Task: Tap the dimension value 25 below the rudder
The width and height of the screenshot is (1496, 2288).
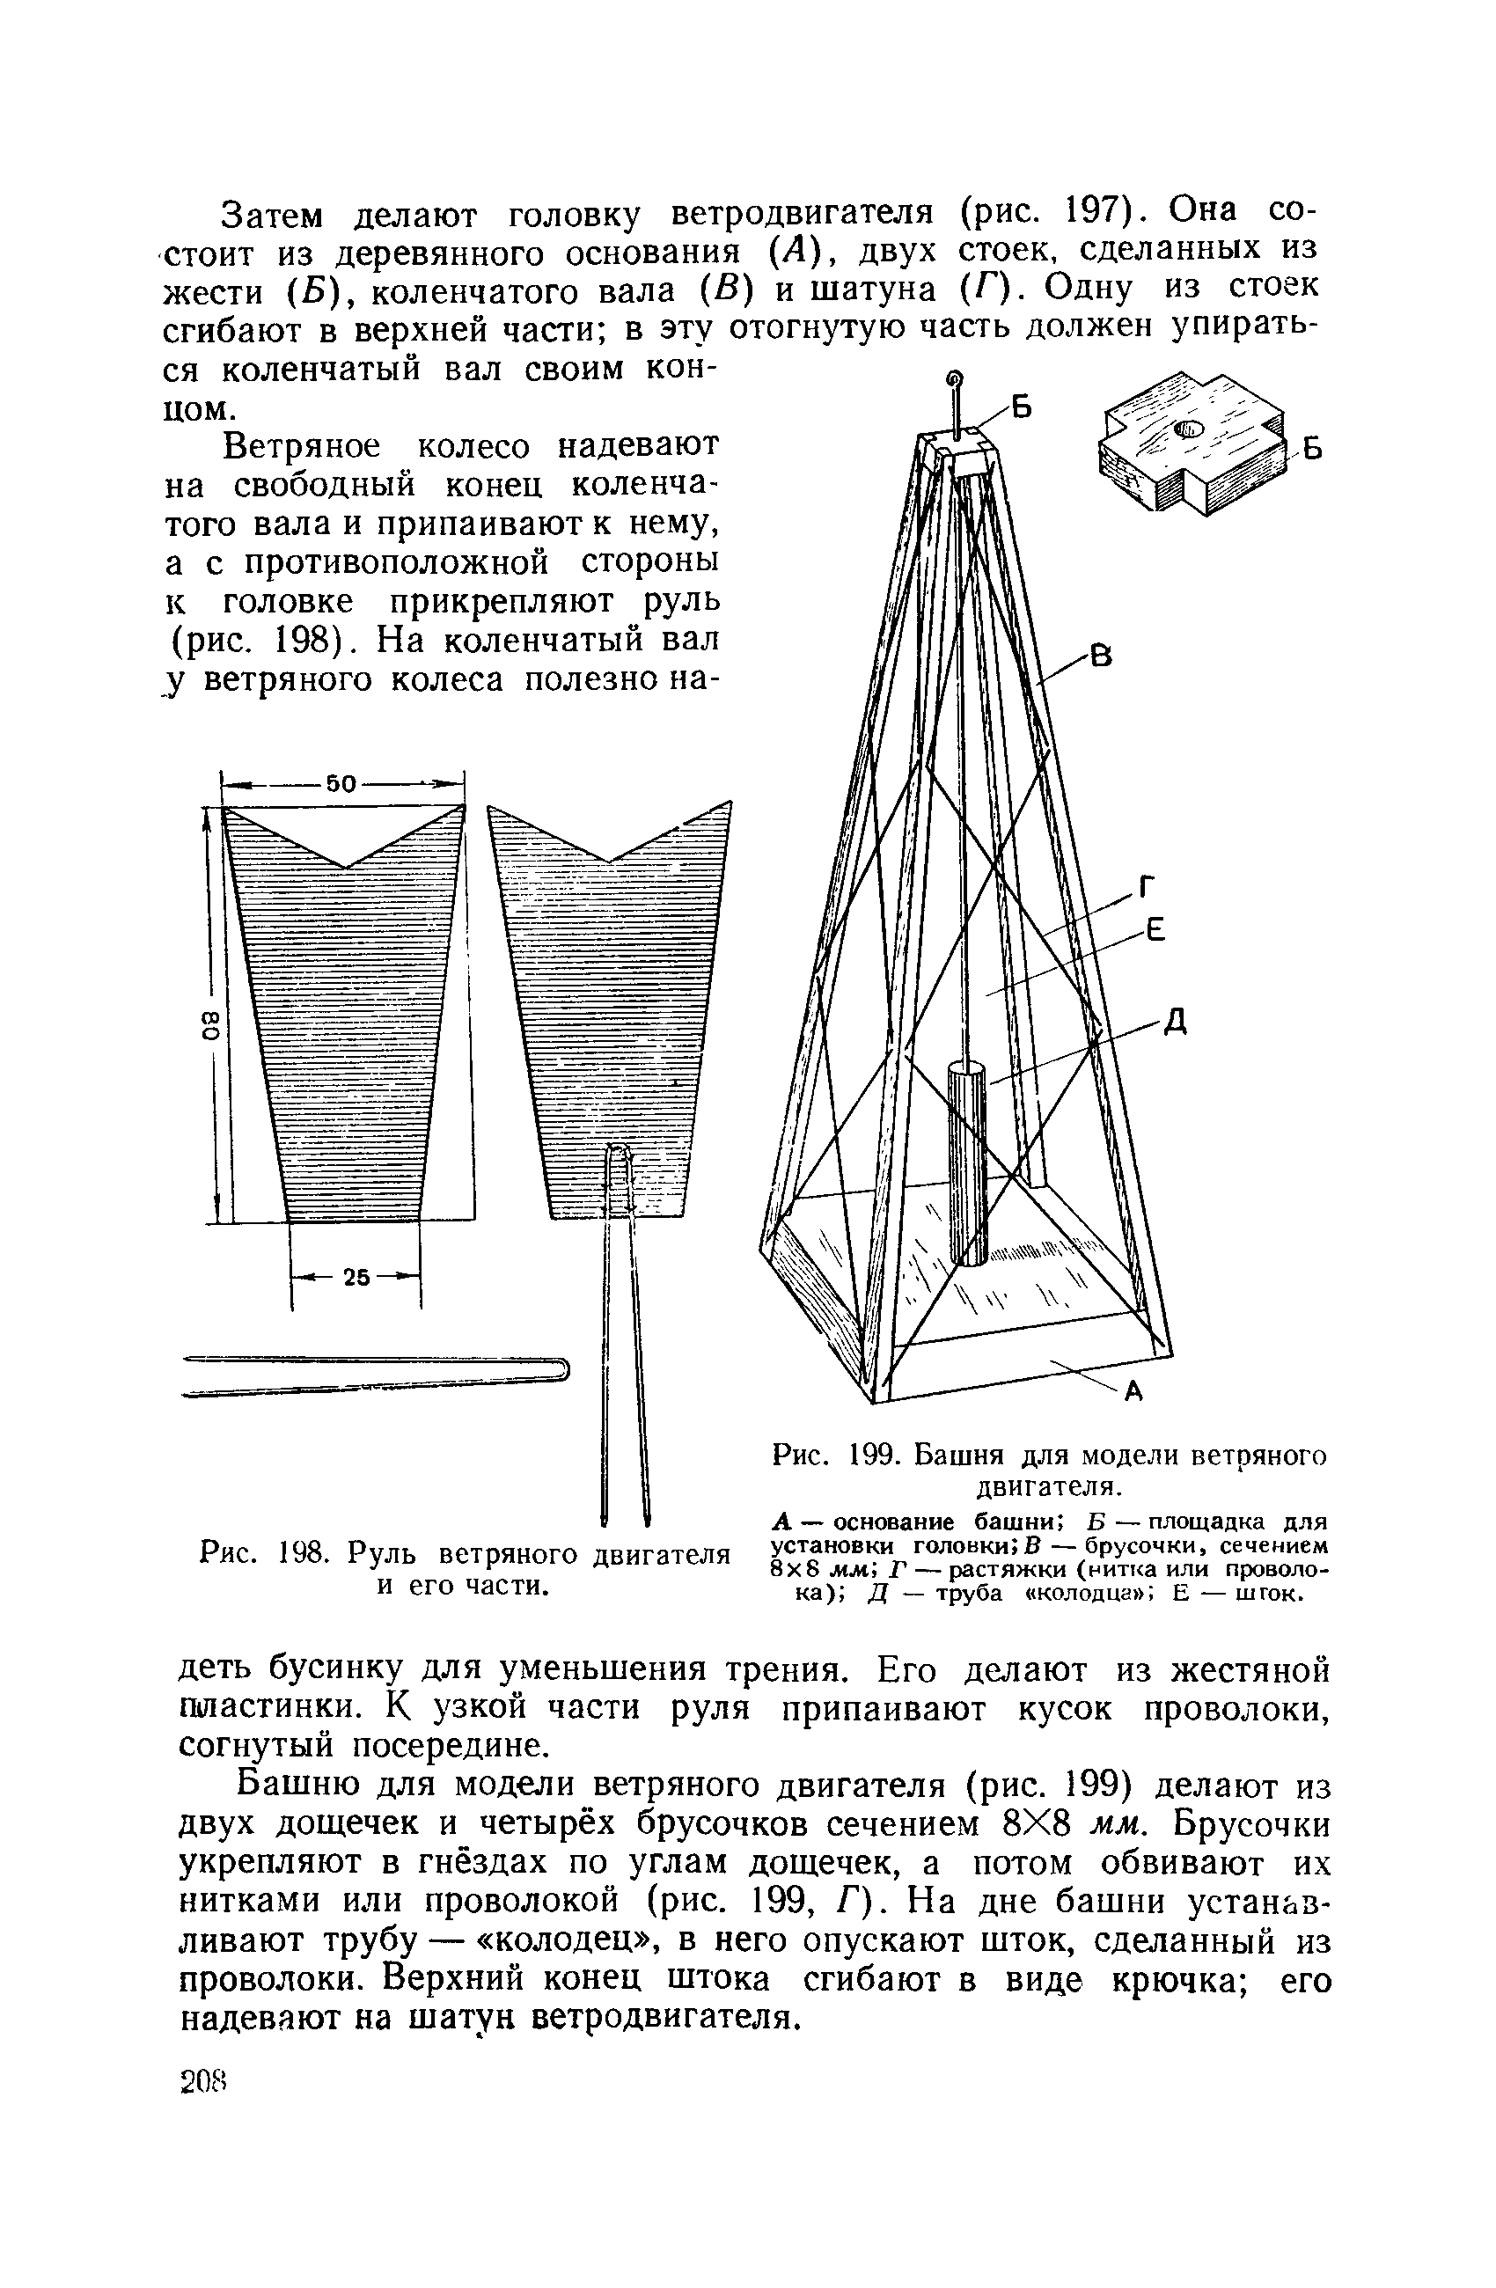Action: tap(356, 1278)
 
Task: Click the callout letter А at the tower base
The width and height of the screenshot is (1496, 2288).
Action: tap(1133, 1391)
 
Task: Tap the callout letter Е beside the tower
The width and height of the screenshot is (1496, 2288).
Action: tap(1155, 929)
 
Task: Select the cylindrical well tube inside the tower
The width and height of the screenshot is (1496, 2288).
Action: tap(967, 1163)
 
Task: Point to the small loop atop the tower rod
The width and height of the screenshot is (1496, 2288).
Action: tap(955, 378)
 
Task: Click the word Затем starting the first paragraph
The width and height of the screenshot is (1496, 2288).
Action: tap(274, 214)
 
